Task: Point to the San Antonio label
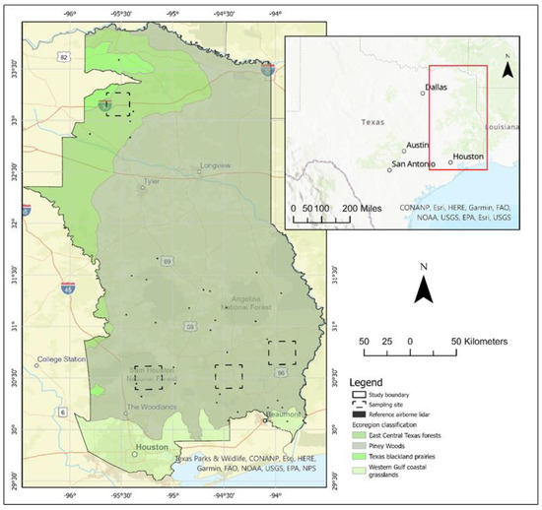(414, 163)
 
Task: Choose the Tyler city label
(151, 182)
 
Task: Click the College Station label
(64, 359)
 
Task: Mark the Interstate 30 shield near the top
(267, 71)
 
